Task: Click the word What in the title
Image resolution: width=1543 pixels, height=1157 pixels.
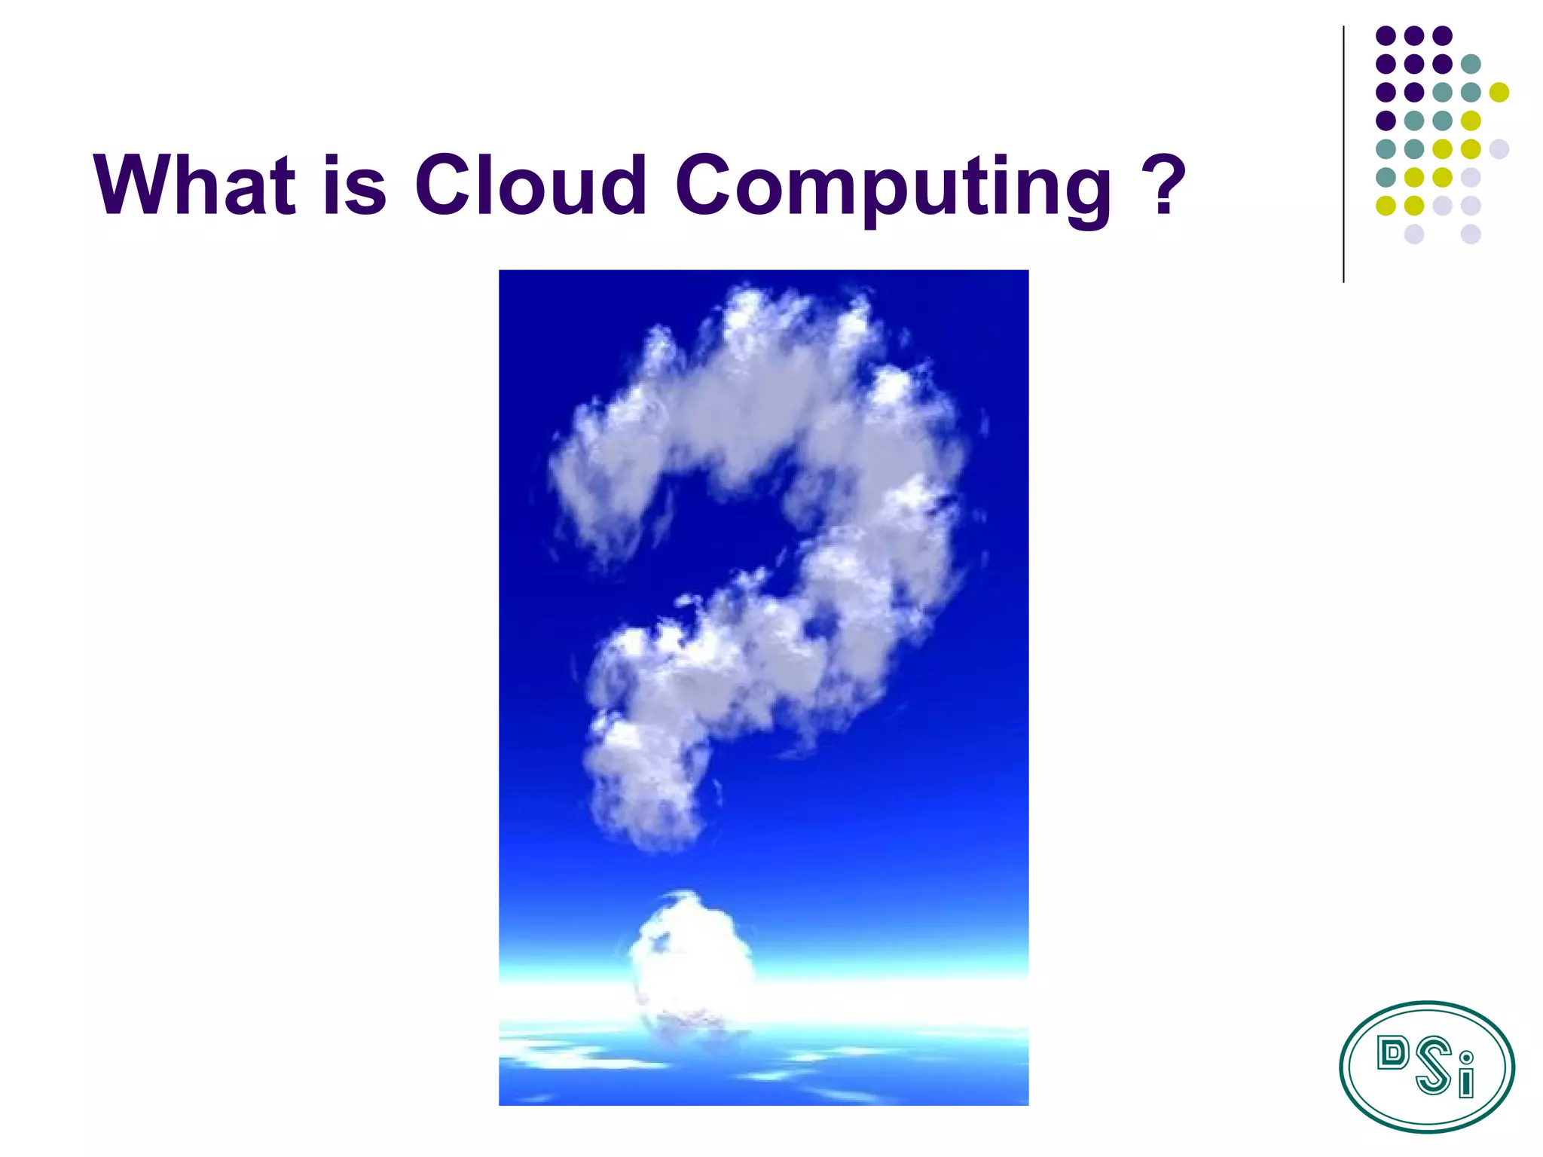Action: click(194, 185)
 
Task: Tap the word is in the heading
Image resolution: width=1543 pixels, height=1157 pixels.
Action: click(354, 185)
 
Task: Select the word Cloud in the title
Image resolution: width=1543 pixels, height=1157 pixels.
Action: click(530, 185)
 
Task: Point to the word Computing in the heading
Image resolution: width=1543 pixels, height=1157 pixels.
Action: click(893, 187)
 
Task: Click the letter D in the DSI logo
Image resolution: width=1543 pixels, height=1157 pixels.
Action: click(1392, 1053)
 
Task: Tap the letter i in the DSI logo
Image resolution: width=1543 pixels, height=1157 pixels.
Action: click(1465, 1077)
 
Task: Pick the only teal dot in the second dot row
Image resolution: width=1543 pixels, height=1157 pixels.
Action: click(1471, 64)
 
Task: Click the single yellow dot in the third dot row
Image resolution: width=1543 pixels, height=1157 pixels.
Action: click(1499, 92)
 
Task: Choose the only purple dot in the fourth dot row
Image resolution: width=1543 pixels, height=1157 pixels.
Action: click(1386, 121)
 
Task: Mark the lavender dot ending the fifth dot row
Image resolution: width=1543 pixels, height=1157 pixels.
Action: click(1499, 148)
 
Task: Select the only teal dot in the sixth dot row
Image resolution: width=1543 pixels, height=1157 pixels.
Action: click(1386, 177)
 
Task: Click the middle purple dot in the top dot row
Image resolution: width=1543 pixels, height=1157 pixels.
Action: click(1414, 35)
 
